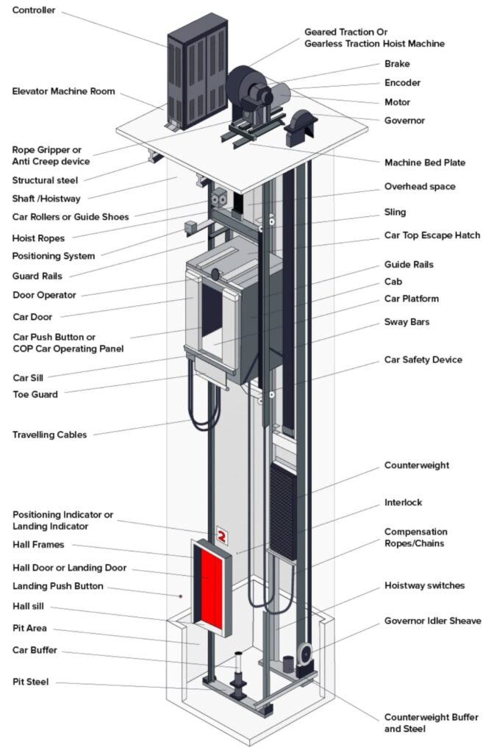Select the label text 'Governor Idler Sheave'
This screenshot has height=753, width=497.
[432, 621]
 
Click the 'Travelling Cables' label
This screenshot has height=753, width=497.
[49, 435]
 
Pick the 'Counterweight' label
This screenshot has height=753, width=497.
[416, 465]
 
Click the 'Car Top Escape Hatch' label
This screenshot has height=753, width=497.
[432, 235]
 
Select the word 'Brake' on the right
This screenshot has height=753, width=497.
[397, 64]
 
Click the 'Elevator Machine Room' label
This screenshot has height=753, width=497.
[63, 91]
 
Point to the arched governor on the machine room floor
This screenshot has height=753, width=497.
[300, 125]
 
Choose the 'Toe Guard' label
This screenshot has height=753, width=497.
[35, 394]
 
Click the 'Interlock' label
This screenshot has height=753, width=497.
[403, 503]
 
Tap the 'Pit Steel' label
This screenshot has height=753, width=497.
[30, 682]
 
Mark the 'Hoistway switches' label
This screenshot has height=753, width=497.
[424, 586]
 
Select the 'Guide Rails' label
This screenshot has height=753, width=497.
[409, 264]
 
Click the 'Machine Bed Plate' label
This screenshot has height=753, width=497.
[424, 163]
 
